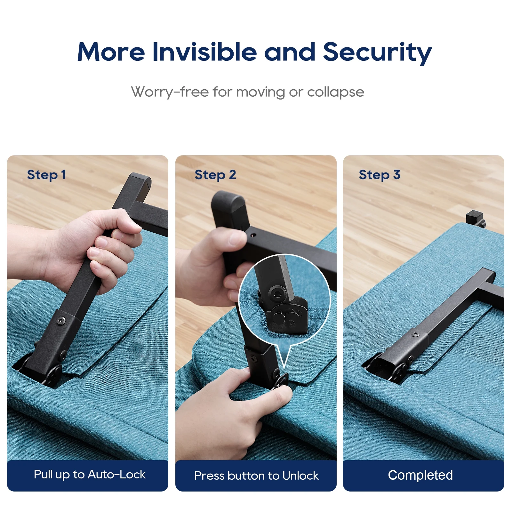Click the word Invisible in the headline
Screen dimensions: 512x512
click(204, 52)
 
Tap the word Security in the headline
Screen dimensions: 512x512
click(377, 53)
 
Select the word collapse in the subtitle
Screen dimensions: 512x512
click(336, 92)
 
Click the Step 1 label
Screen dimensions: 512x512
click(46, 175)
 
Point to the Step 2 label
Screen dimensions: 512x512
click(215, 175)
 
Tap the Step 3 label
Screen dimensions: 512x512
click(380, 175)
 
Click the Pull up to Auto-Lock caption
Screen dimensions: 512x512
click(90, 475)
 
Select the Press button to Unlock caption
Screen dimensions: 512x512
click(256, 476)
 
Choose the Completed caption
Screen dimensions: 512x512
click(420, 475)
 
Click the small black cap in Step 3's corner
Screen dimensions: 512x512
click(474, 217)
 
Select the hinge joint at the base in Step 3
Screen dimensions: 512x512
click(400, 371)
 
